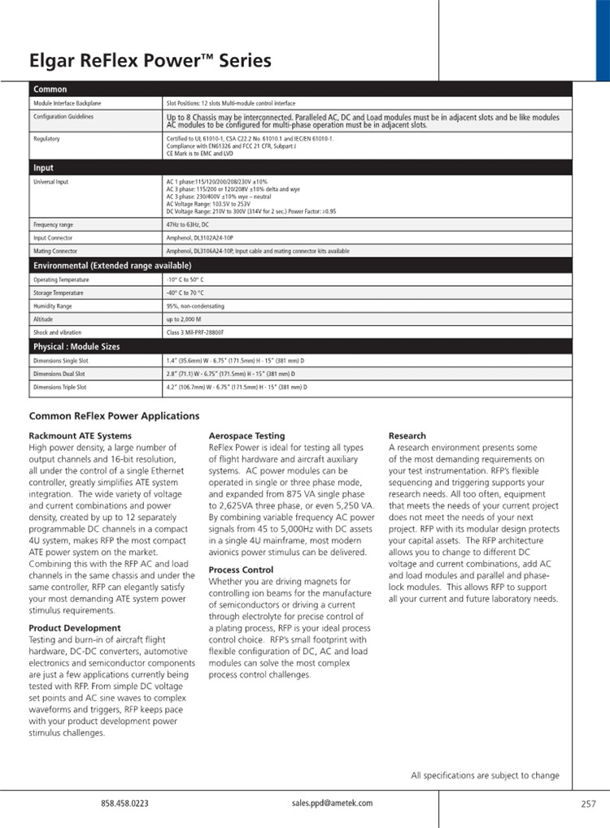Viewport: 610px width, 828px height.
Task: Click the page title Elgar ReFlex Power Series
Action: [x=150, y=61]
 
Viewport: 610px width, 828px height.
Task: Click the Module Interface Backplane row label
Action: [x=68, y=104]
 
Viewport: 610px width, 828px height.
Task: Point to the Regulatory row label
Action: [x=46, y=139]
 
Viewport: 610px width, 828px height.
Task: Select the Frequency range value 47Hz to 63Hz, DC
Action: [x=188, y=224]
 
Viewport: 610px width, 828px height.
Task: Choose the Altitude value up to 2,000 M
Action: [x=184, y=319]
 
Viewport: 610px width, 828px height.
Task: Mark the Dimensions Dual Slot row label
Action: [x=58, y=374]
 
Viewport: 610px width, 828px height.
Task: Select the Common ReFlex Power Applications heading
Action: [x=114, y=416]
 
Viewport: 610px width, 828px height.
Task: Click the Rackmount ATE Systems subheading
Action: [x=80, y=436]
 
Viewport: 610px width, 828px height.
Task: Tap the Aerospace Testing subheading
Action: [x=246, y=436]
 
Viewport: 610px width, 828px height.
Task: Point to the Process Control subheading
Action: [x=242, y=570]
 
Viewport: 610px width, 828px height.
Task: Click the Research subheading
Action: [x=407, y=436]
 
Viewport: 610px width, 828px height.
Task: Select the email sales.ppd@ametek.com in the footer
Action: [x=332, y=803]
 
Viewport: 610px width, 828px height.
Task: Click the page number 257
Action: [x=589, y=804]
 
